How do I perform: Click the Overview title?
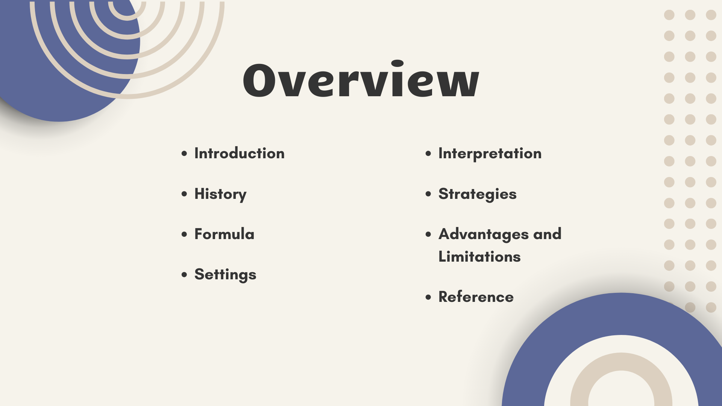[361, 79]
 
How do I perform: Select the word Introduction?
[240, 153]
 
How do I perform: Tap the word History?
[220, 194]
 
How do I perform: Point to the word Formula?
[224, 234]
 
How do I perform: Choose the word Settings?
[225, 275]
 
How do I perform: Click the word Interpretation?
[490, 154]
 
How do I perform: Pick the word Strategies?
[478, 194]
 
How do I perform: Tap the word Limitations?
[479, 257]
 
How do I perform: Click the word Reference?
[476, 297]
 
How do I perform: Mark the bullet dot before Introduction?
[184, 153]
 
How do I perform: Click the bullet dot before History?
[184, 194]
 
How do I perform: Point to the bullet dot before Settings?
[184, 274]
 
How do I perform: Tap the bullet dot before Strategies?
[428, 194]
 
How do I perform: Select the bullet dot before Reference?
[428, 297]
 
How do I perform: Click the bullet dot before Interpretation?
[428, 153]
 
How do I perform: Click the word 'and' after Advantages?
[547, 234]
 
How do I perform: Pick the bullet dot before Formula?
[184, 234]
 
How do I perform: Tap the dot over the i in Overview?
[397, 63]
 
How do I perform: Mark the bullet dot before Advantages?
[428, 234]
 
